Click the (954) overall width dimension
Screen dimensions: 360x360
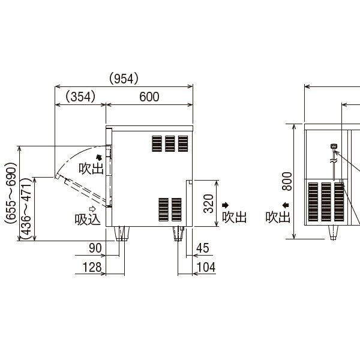click(124, 79)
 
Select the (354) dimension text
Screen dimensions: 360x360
click(80, 97)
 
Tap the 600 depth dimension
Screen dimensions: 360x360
click(149, 97)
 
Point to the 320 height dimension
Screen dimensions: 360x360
click(208, 203)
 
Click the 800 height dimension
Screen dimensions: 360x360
click(287, 181)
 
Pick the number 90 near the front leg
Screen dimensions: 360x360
click(95, 248)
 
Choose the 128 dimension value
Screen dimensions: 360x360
click(92, 267)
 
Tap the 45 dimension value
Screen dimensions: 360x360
click(203, 248)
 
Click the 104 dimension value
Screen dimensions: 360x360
click(206, 267)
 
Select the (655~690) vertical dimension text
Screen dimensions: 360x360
click(11, 193)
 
